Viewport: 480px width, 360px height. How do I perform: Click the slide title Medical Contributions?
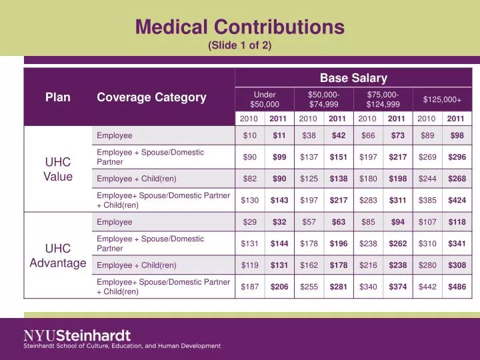tap(240, 27)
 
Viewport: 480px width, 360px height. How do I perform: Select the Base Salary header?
tap(353, 79)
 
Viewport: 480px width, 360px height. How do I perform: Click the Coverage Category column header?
tap(151, 97)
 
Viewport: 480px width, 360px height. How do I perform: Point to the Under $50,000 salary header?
tap(265, 99)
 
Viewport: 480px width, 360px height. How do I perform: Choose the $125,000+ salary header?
tap(443, 99)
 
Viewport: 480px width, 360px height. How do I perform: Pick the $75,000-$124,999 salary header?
tap(383, 99)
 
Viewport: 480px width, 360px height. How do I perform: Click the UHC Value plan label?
tap(58, 169)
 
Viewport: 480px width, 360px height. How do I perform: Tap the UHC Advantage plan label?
tap(58, 255)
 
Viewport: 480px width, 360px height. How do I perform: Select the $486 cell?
tap(457, 287)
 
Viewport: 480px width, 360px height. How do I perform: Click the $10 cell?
tap(250, 136)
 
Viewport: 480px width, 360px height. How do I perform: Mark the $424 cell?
tap(457, 201)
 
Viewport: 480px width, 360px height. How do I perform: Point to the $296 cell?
tap(457, 157)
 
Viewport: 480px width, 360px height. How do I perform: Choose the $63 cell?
tap(339, 222)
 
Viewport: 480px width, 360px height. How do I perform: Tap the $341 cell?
tap(457, 243)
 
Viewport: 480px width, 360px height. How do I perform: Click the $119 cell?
tap(250, 265)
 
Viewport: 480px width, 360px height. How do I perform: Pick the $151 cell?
tap(339, 157)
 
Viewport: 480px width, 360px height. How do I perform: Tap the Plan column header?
tap(58, 97)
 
